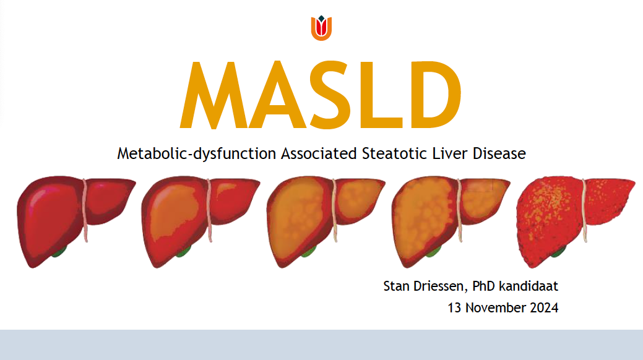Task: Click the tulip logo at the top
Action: [321, 28]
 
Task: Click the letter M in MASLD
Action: [214, 95]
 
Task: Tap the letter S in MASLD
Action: [330, 95]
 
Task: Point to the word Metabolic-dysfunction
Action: [196, 154]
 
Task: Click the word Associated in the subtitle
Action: [319, 153]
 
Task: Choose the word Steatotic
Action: [394, 153]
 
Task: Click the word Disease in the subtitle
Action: [499, 153]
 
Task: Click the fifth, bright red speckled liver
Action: [574, 221]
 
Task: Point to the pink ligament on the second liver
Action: [209, 210]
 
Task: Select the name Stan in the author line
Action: [396, 286]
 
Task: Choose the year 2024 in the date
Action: [544, 307]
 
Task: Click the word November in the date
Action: [496, 307]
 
